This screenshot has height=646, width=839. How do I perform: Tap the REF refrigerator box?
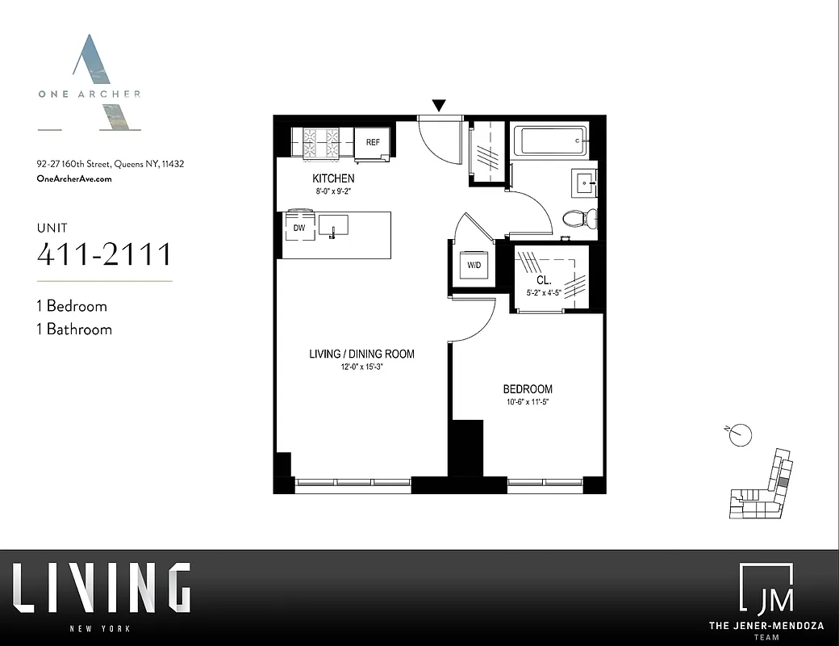pyautogui.click(x=373, y=142)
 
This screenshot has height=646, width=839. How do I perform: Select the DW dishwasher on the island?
pyautogui.click(x=298, y=229)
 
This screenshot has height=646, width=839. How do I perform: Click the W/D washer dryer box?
pyautogui.click(x=471, y=265)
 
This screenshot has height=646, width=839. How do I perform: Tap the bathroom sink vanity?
pyautogui.click(x=584, y=183)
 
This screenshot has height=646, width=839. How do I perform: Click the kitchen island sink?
pyautogui.click(x=335, y=226)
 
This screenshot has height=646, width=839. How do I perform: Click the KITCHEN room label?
pyautogui.click(x=333, y=178)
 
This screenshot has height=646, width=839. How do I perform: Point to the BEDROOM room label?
pyautogui.click(x=528, y=388)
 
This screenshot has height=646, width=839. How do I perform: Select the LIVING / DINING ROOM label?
pyautogui.click(x=361, y=354)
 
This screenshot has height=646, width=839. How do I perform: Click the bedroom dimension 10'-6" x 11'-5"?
pyautogui.click(x=528, y=402)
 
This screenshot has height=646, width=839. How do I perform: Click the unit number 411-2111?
pyautogui.click(x=105, y=254)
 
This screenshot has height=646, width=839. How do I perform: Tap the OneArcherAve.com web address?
pyautogui.click(x=74, y=178)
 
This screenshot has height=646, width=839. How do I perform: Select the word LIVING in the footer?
pyautogui.click(x=102, y=589)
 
